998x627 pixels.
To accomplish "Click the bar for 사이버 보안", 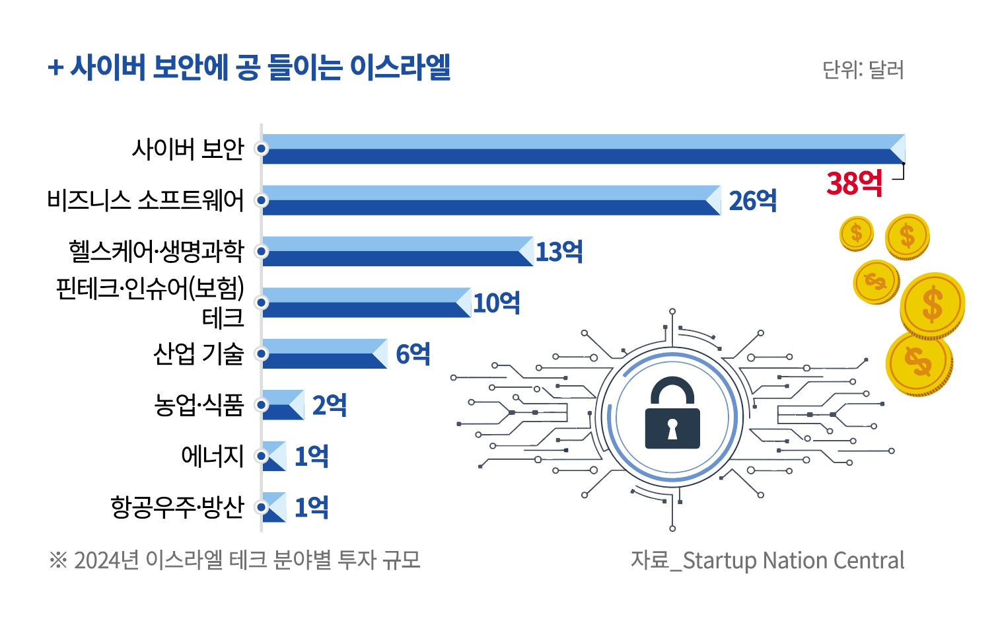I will [581, 149].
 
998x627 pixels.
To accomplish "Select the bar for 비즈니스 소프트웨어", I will [489, 200].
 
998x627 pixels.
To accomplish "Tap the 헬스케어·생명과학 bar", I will [396, 251].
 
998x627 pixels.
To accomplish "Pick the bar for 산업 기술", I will [324, 353].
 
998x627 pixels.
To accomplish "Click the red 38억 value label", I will [854, 183].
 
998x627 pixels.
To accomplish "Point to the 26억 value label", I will [752, 200].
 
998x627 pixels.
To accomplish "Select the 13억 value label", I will [559, 252].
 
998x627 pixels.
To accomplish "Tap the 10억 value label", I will [497, 303].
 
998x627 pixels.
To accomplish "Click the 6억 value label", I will [413, 354].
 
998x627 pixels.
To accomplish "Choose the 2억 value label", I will [329, 405].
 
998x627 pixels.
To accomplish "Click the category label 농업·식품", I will [199, 404].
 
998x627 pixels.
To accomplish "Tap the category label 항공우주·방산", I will [178, 507].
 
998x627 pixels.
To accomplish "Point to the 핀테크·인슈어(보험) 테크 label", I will [151, 302].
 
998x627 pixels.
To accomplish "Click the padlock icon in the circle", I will [672, 414].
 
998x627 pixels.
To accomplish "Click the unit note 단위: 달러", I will [863, 69].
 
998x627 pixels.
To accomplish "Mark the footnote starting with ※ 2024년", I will [234, 560].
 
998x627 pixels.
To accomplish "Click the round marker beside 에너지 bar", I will [262, 456].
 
